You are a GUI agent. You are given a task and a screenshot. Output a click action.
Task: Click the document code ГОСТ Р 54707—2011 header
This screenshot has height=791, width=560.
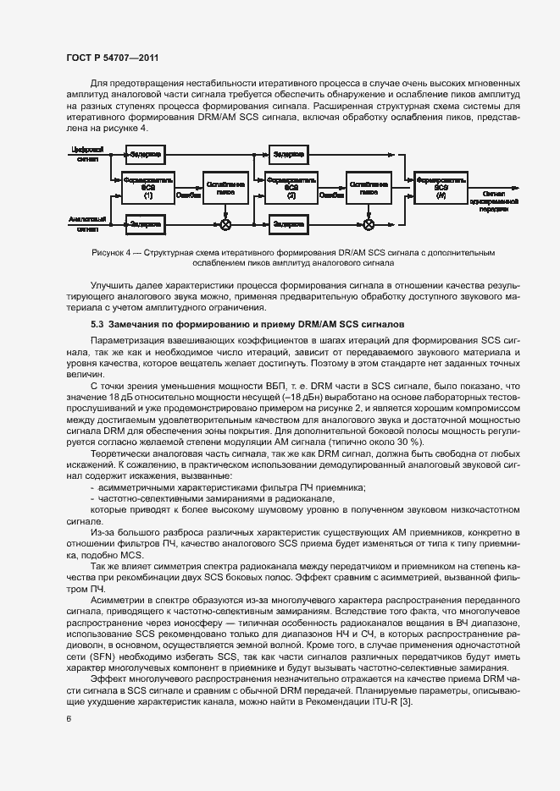112,57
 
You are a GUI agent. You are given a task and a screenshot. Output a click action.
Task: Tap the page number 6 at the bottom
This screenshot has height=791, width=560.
68,719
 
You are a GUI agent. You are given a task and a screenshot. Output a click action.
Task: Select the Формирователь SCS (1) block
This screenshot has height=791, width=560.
147,189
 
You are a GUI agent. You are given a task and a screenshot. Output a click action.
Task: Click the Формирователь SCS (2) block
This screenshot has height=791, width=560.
291,189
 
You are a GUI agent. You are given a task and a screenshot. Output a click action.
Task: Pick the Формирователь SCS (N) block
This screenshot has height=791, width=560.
439,188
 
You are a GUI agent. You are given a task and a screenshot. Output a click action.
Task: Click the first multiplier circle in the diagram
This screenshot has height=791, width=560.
225,224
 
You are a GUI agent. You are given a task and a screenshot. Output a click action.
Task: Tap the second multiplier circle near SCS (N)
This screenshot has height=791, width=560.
369,224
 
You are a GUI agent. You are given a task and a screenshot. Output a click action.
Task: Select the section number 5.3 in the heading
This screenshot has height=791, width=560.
97,325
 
